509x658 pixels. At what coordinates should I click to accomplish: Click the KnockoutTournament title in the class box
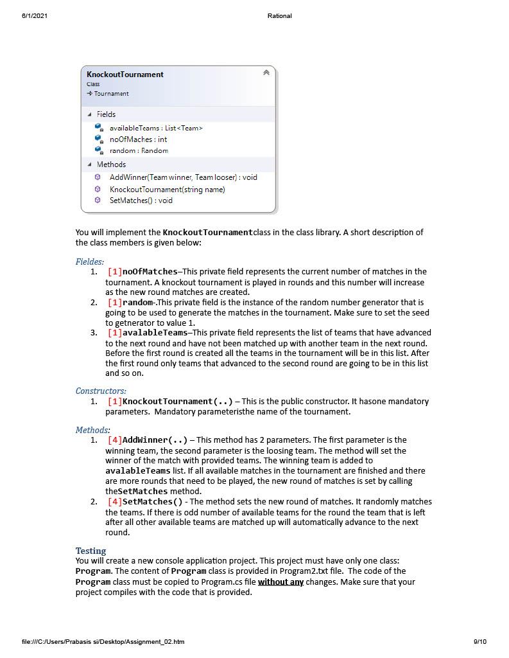[x=125, y=75]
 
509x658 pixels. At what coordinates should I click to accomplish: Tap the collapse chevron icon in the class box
[x=266, y=73]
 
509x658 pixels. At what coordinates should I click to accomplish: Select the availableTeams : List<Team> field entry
[x=156, y=128]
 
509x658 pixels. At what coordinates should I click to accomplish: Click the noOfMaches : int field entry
[x=138, y=139]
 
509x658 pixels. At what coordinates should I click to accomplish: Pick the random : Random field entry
[x=139, y=150]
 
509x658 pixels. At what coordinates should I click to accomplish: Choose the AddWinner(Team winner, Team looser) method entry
[x=183, y=177]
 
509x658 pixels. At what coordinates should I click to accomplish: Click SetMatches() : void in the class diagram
[x=141, y=200]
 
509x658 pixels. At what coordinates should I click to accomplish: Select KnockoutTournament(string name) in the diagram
[x=167, y=189]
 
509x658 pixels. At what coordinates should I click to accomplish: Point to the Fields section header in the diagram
[x=106, y=114]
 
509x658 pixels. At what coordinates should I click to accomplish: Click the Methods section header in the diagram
[x=111, y=164]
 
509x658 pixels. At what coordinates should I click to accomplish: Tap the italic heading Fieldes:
[x=90, y=262]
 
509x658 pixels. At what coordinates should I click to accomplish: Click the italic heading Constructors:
[x=101, y=391]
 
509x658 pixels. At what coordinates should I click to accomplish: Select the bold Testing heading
[x=91, y=551]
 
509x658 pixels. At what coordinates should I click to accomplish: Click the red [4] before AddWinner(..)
[x=114, y=440]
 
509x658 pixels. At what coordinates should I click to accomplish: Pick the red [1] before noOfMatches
[x=114, y=272]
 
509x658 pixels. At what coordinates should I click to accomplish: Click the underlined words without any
[x=280, y=582]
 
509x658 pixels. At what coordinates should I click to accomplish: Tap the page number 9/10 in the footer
[x=480, y=641]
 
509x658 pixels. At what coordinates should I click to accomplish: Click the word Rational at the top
[x=279, y=15]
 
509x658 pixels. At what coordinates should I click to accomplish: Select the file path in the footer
[x=103, y=641]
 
